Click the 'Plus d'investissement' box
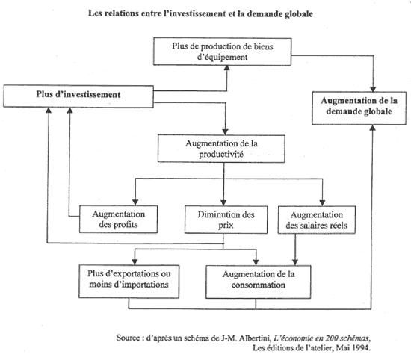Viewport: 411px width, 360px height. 78,96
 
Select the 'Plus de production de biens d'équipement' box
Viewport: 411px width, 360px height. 222,52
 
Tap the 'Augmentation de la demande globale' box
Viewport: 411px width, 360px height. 359,108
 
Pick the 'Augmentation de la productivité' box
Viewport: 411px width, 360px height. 221,149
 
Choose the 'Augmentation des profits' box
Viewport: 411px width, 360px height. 119,219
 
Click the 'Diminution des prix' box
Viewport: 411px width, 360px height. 226,220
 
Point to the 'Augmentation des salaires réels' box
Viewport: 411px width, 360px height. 317,220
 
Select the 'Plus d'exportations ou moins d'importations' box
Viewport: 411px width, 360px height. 129,282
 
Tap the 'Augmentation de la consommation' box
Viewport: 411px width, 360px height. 259,282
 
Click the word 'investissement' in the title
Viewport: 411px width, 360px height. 197,13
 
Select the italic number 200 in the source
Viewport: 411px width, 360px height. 331,338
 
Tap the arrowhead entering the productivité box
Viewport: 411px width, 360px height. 225,131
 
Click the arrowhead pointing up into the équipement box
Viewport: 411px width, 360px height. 227,68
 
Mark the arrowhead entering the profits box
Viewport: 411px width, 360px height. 135,202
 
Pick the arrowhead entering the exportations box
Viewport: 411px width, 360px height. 135,262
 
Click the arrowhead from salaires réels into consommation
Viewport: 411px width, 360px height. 295,262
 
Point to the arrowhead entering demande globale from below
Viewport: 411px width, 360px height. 372,128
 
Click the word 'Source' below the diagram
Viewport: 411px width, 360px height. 129,338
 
